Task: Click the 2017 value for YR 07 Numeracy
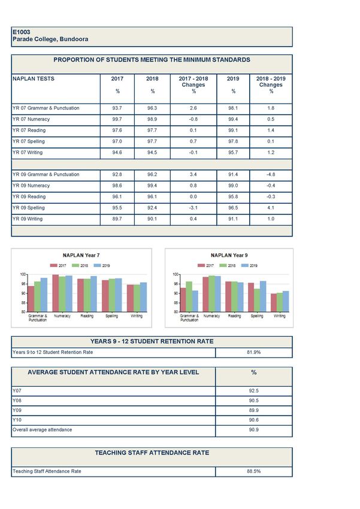(x=117, y=119)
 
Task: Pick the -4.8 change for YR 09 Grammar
(x=271, y=174)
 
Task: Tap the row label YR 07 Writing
(x=34, y=152)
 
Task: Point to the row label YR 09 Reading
(x=34, y=196)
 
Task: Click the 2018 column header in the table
(x=153, y=78)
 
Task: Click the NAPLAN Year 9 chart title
(x=230, y=255)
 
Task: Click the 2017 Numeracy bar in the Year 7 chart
(x=55, y=293)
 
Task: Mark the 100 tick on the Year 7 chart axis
(x=22, y=274)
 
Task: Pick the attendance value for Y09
(x=253, y=410)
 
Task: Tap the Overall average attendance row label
(x=42, y=429)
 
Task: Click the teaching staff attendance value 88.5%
(x=254, y=471)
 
